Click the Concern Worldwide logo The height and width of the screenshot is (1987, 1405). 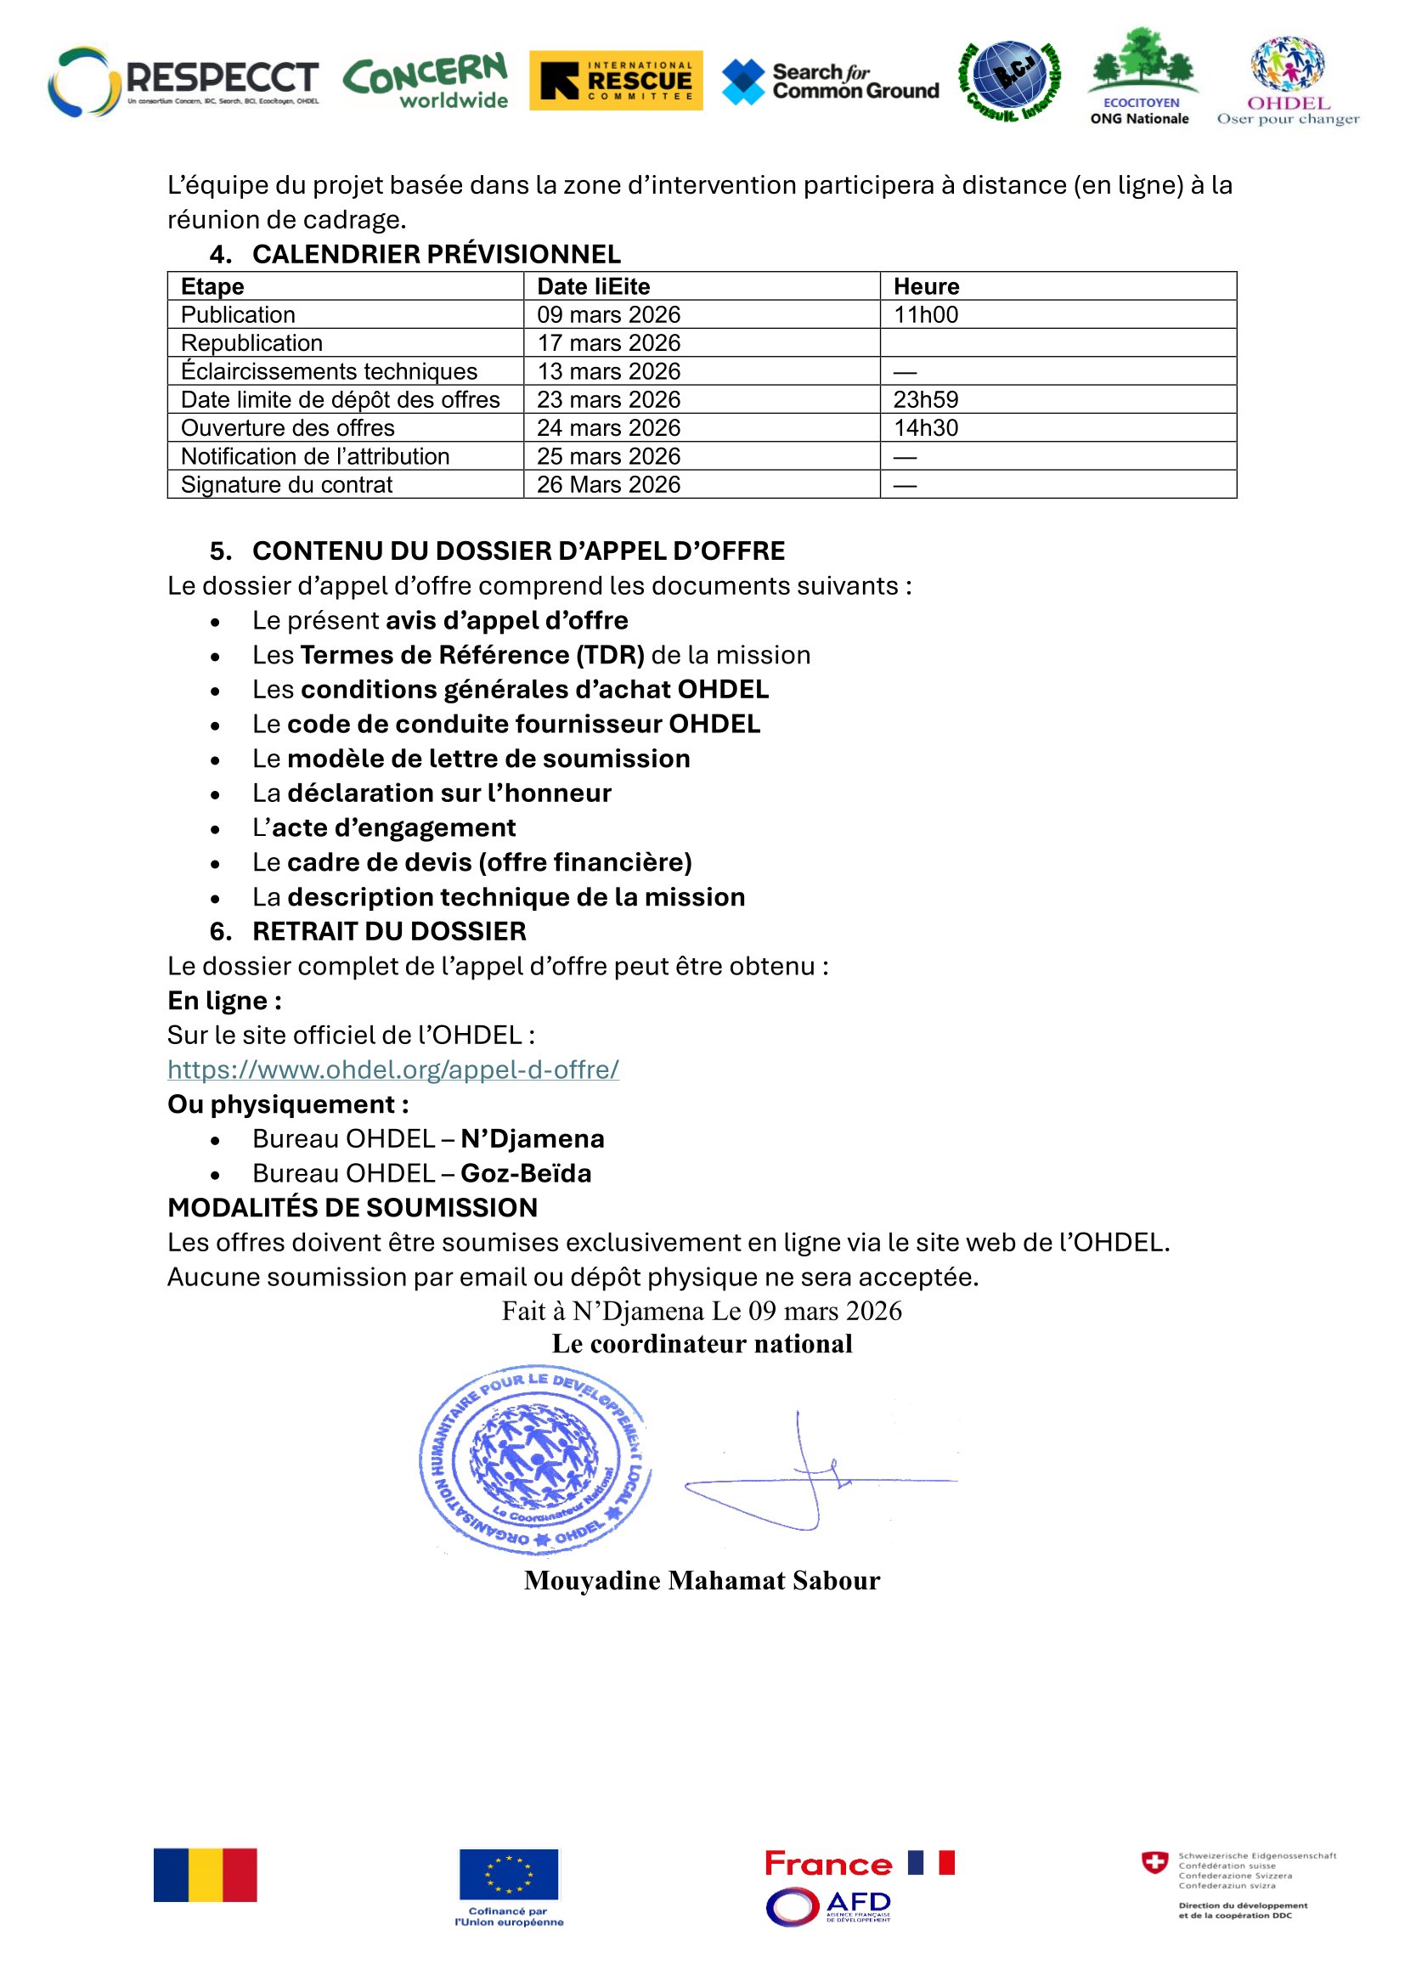click(426, 81)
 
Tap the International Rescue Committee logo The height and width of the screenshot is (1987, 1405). click(615, 81)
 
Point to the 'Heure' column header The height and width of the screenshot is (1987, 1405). click(926, 286)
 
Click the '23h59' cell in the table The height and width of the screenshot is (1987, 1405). click(926, 400)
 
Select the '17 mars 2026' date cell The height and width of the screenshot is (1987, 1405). click(608, 342)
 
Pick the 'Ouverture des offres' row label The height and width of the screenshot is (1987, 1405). click(287, 427)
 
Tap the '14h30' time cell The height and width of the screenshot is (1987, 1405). click(926, 427)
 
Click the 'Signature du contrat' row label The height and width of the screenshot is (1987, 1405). click(286, 484)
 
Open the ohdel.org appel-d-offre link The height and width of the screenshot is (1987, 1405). click(392, 1070)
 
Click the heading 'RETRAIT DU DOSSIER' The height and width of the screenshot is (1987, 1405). click(388, 931)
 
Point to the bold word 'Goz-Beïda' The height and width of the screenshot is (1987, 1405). click(526, 1173)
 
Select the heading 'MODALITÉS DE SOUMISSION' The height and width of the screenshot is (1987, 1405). click(353, 1207)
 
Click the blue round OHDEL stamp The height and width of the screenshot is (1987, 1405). click(534, 1461)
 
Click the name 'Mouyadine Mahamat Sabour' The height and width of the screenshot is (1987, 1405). click(702, 1580)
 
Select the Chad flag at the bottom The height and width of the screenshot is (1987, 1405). click(205, 1876)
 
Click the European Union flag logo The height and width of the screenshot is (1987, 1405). click(509, 1874)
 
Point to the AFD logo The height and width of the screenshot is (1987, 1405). click(828, 1905)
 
